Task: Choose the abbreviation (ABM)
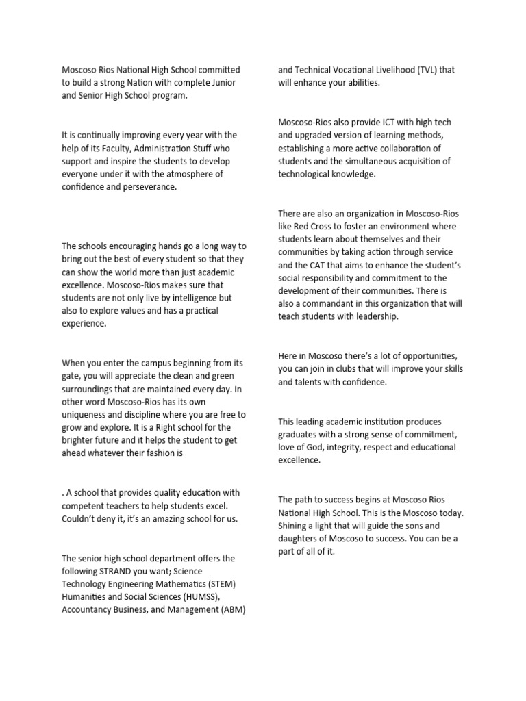click(231, 610)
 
